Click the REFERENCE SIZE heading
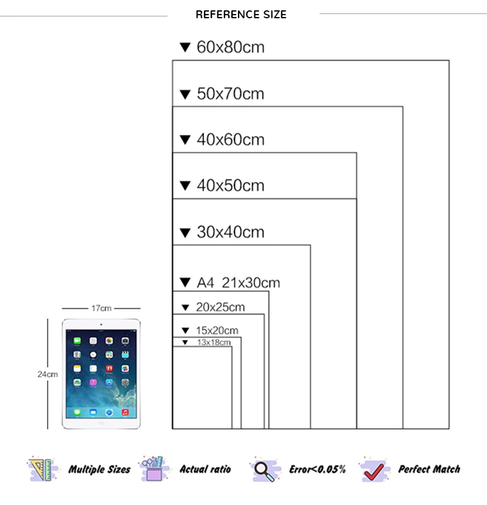[x=241, y=15]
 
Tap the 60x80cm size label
[x=231, y=47]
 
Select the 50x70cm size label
[x=231, y=94]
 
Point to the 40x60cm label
[x=231, y=139]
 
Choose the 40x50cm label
[x=231, y=186]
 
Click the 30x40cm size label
[x=231, y=232]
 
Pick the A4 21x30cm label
[x=238, y=283]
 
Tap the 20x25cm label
[x=220, y=307]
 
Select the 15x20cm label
[x=217, y=330]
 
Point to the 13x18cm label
[x=214, y=343]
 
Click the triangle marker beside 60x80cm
[x=185, y=47]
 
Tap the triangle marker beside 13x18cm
[x=185, y=343]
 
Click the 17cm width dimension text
[x=101, y=308]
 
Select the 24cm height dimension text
[x=47, y=374]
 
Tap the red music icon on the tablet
[x=125, y=413]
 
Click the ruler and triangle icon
[x=42, y=469]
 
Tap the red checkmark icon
[x=374, y=470]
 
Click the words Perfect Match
[x=429, y=469]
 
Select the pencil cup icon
[x=154, y=468]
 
